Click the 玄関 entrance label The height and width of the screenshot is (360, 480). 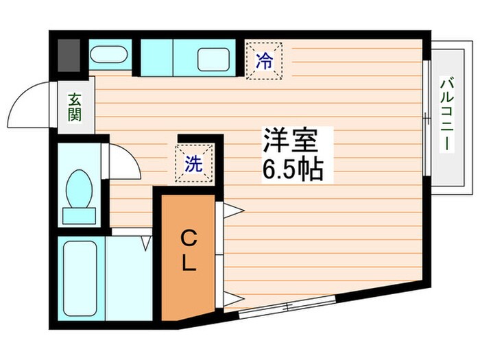click(x=74, y=106)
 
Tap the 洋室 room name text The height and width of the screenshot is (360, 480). click(x=289, y=141)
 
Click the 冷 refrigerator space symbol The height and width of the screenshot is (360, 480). click(x=265, y=60)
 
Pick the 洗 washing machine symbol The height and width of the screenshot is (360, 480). click(x=194, y=165)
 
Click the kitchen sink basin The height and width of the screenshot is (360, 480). click(x=213, y=58)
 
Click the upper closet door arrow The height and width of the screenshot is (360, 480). click(x=230, y=209)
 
